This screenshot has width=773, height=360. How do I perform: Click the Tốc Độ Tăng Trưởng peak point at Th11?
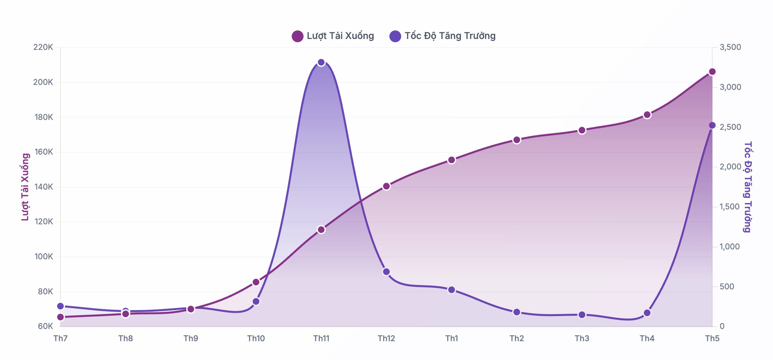[321, 63]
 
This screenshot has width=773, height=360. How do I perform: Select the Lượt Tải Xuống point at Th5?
[712, 72]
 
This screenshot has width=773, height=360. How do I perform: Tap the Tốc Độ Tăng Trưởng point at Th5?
[712, 126]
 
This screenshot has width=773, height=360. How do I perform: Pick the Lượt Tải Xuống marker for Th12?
[386, 186]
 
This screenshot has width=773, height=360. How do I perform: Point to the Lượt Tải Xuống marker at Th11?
[321, 230]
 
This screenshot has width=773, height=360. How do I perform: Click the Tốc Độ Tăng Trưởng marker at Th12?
[386, 272]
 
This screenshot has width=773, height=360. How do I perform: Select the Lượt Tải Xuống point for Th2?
[517, 140]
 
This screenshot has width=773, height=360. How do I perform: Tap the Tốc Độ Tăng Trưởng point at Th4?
[647, 313]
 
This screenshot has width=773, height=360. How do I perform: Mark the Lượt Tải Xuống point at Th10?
[256, 282]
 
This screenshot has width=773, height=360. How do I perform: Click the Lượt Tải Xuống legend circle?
[298, 36]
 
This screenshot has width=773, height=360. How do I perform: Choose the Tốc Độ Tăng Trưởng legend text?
[450, 36]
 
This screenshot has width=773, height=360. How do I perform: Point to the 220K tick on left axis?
[43, 48]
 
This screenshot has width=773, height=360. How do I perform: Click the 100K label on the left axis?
[43, 257]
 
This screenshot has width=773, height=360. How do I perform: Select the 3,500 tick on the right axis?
[730, 48]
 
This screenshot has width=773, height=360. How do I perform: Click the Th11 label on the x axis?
[321, 339]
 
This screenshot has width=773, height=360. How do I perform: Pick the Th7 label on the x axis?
[60, 339]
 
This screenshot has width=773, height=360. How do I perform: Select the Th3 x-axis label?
[582, 339]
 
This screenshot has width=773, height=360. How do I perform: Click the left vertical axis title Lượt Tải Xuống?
[25, 187]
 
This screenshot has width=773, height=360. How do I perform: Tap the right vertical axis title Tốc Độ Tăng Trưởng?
[748, 187]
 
